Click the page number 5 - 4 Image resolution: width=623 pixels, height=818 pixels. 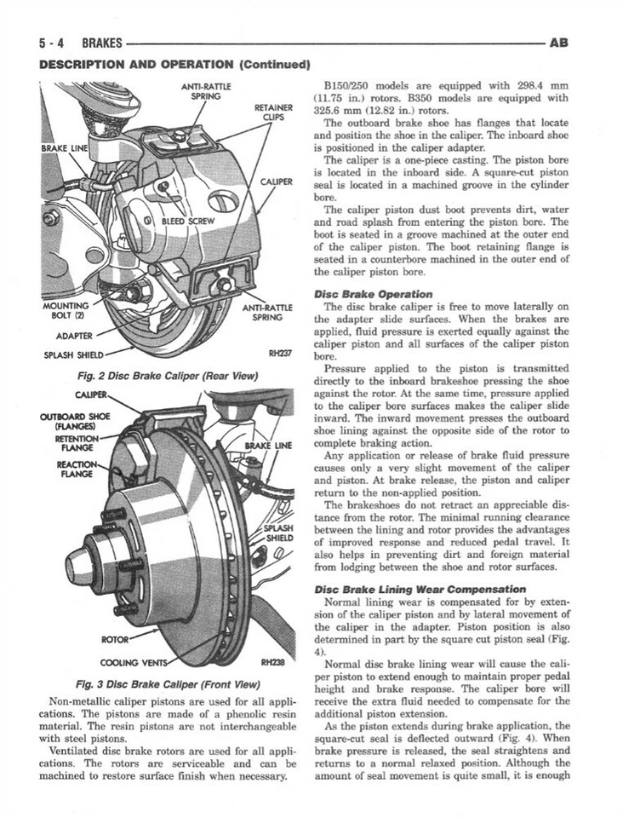[55, 42]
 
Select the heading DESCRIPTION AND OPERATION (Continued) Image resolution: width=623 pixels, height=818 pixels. [173, 64]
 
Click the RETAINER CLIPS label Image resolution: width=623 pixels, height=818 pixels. [274, 112]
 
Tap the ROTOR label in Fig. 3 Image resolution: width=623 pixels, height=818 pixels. [114, 637]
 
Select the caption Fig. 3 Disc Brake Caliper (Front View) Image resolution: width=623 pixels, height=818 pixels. [166, 683]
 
